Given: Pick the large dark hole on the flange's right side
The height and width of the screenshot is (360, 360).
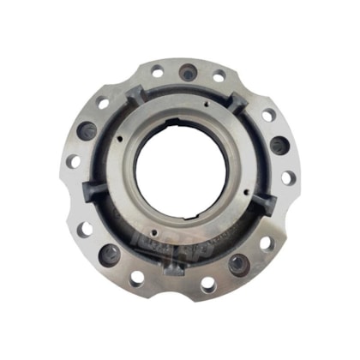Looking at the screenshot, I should pos(278,144).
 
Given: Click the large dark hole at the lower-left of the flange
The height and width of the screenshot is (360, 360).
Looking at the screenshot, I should pos(109,254).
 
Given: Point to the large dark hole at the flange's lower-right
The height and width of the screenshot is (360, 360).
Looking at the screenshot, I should pos(237,263).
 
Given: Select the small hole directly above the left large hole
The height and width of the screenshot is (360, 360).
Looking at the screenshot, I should pos(104,104).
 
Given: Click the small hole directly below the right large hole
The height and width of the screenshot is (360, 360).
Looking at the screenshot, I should pos(288,177).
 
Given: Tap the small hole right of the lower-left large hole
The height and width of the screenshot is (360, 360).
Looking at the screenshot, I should pos(136,277).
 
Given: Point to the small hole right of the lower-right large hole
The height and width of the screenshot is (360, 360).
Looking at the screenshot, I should pos(267,243).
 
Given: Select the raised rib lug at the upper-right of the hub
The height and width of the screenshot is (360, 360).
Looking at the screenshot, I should pos(239,104).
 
